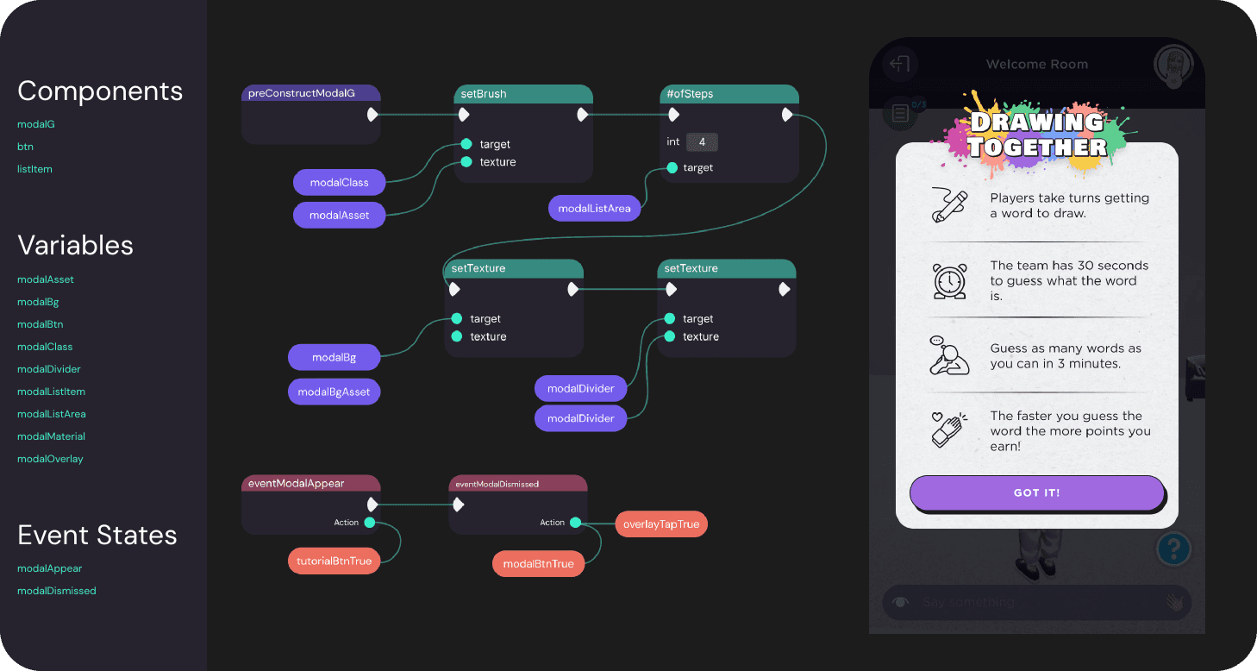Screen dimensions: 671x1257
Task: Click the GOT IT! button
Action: (1036, 493)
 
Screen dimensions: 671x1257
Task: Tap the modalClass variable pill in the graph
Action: (340, 183)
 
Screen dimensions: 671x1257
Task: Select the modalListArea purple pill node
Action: (594, 208)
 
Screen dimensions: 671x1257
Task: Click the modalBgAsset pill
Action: (334, 392)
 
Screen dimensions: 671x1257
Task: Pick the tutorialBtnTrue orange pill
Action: (334, 561)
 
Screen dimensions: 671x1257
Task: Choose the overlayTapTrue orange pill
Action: (661, 524)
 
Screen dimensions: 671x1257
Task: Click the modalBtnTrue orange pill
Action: (538, 564)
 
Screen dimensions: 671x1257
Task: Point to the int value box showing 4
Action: (702, 142)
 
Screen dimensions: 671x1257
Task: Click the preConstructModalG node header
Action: (310, 93)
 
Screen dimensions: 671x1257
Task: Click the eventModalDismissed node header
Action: (517, 484)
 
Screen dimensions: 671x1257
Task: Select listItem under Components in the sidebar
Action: (34, 169)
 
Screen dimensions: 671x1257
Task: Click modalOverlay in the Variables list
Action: (50, 459)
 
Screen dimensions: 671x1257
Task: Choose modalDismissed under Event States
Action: (56, 591)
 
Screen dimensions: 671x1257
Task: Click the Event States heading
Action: (97, 535)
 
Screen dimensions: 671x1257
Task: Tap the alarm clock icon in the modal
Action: (949, 280)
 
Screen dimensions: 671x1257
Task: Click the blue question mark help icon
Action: (1173, 548)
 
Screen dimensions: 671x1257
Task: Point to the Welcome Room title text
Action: (1036, 65)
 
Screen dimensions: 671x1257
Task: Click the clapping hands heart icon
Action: (948, 429)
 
